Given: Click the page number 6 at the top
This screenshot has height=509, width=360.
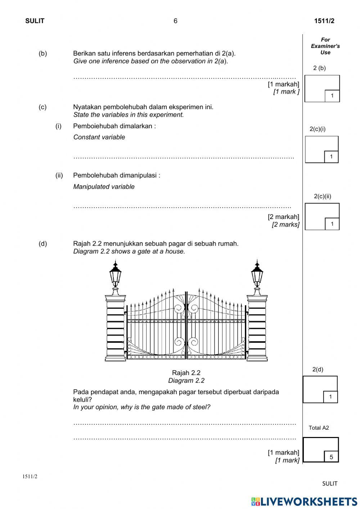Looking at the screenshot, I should click(175, 21).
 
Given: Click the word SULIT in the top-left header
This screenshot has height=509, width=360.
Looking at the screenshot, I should click(35, 21).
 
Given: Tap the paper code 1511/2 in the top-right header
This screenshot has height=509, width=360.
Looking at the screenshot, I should click(324, 21).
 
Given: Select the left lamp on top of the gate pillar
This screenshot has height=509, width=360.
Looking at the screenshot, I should click(115, 276).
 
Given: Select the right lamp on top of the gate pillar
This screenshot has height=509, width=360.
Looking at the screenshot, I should click(257, 276).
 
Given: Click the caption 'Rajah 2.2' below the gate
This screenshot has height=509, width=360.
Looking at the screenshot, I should click(186, 373).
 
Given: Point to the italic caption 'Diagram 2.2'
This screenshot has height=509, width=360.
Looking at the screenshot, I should click(186, 380).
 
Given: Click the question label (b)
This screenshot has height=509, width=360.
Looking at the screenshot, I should click(43, 53).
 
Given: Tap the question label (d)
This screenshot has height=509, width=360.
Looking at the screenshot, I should click(43, 244).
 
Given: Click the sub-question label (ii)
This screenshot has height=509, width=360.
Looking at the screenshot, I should click(59, 175).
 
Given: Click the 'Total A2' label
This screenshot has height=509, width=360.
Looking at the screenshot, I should click(319, 428).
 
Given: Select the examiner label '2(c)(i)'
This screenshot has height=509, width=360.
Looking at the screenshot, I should click(318, 129).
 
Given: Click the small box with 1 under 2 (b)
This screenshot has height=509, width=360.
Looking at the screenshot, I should click(332, 96).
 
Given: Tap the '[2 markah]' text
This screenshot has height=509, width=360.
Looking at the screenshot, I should click(283, 216).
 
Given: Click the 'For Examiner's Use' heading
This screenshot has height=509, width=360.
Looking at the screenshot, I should click(325, 46).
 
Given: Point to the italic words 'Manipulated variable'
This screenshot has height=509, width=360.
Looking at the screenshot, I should click(104, 187).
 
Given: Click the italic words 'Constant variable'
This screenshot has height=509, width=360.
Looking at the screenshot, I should click(99, 137).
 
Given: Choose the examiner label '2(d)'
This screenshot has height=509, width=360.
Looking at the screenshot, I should click(318, 369).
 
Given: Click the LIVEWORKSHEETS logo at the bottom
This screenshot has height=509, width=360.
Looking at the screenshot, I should click(304, 501).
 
